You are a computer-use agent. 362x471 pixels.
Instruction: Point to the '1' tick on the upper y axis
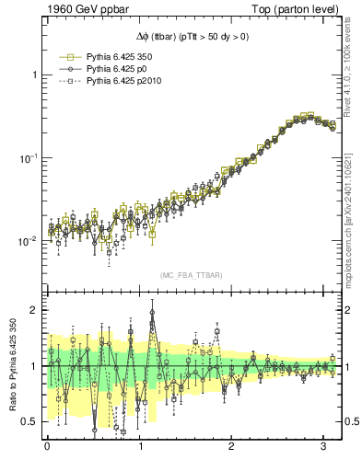[x=34, y=75]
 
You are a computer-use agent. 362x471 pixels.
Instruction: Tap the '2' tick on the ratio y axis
[x=34, y=310]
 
